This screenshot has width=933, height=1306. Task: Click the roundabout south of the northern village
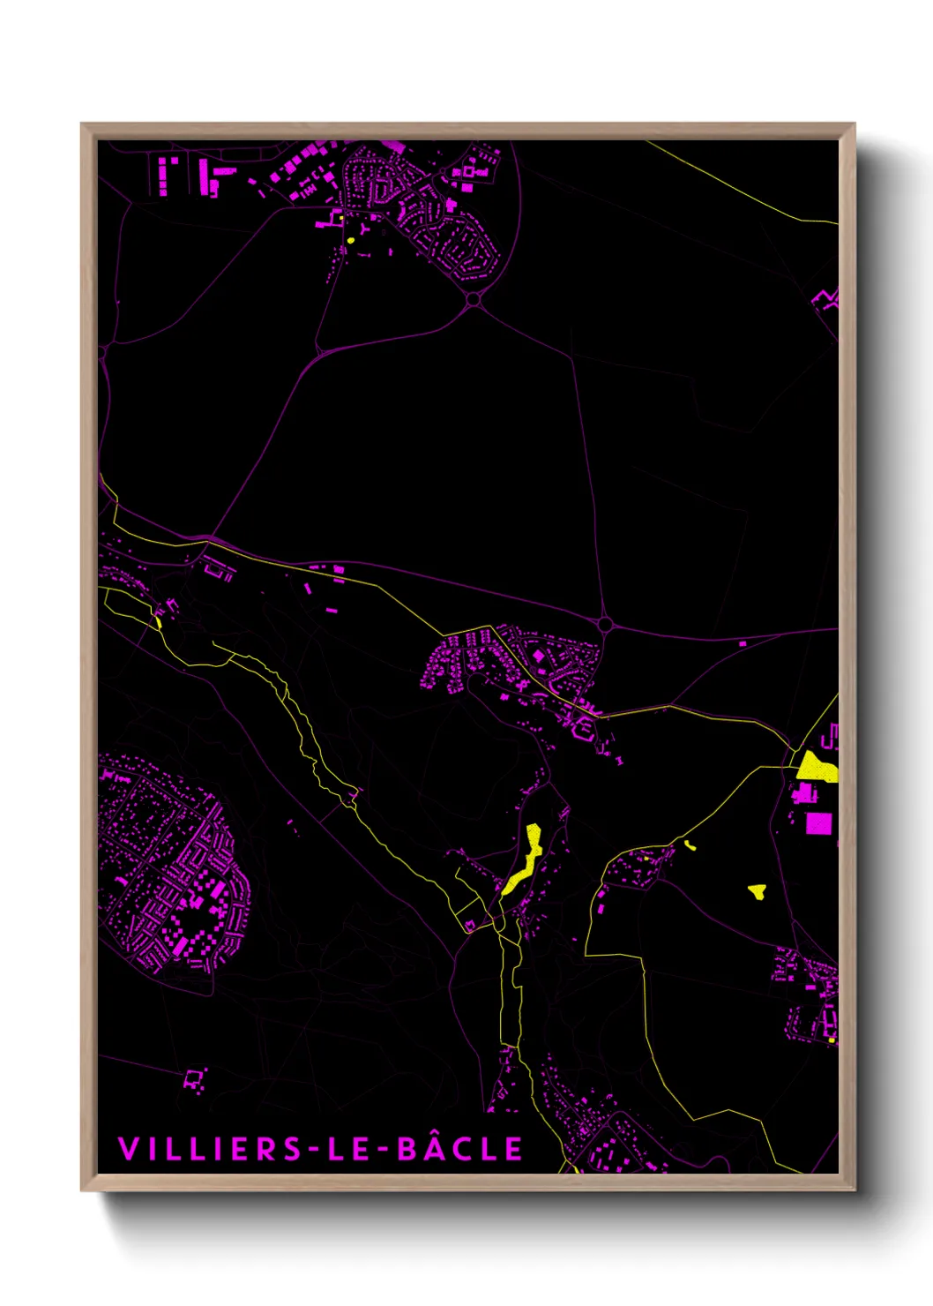pos(474,300)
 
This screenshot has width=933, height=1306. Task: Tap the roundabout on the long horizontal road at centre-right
pos(605,625)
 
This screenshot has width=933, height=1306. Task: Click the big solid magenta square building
pos(818,823)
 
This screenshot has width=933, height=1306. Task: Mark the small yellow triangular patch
pos(757,891)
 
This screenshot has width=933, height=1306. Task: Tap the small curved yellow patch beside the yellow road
pos(689,845)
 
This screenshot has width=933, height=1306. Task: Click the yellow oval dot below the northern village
pos(351,239)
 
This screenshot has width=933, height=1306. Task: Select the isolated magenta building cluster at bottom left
pos(195,1079)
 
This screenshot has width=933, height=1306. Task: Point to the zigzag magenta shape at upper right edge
pos(826,298)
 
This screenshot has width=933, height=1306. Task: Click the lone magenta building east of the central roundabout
pos(742,643)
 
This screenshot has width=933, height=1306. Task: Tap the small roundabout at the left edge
pos(102,351)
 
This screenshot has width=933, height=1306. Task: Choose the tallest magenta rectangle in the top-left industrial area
pos(205,176)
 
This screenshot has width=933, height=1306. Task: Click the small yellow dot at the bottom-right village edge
pos(831,1040)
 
